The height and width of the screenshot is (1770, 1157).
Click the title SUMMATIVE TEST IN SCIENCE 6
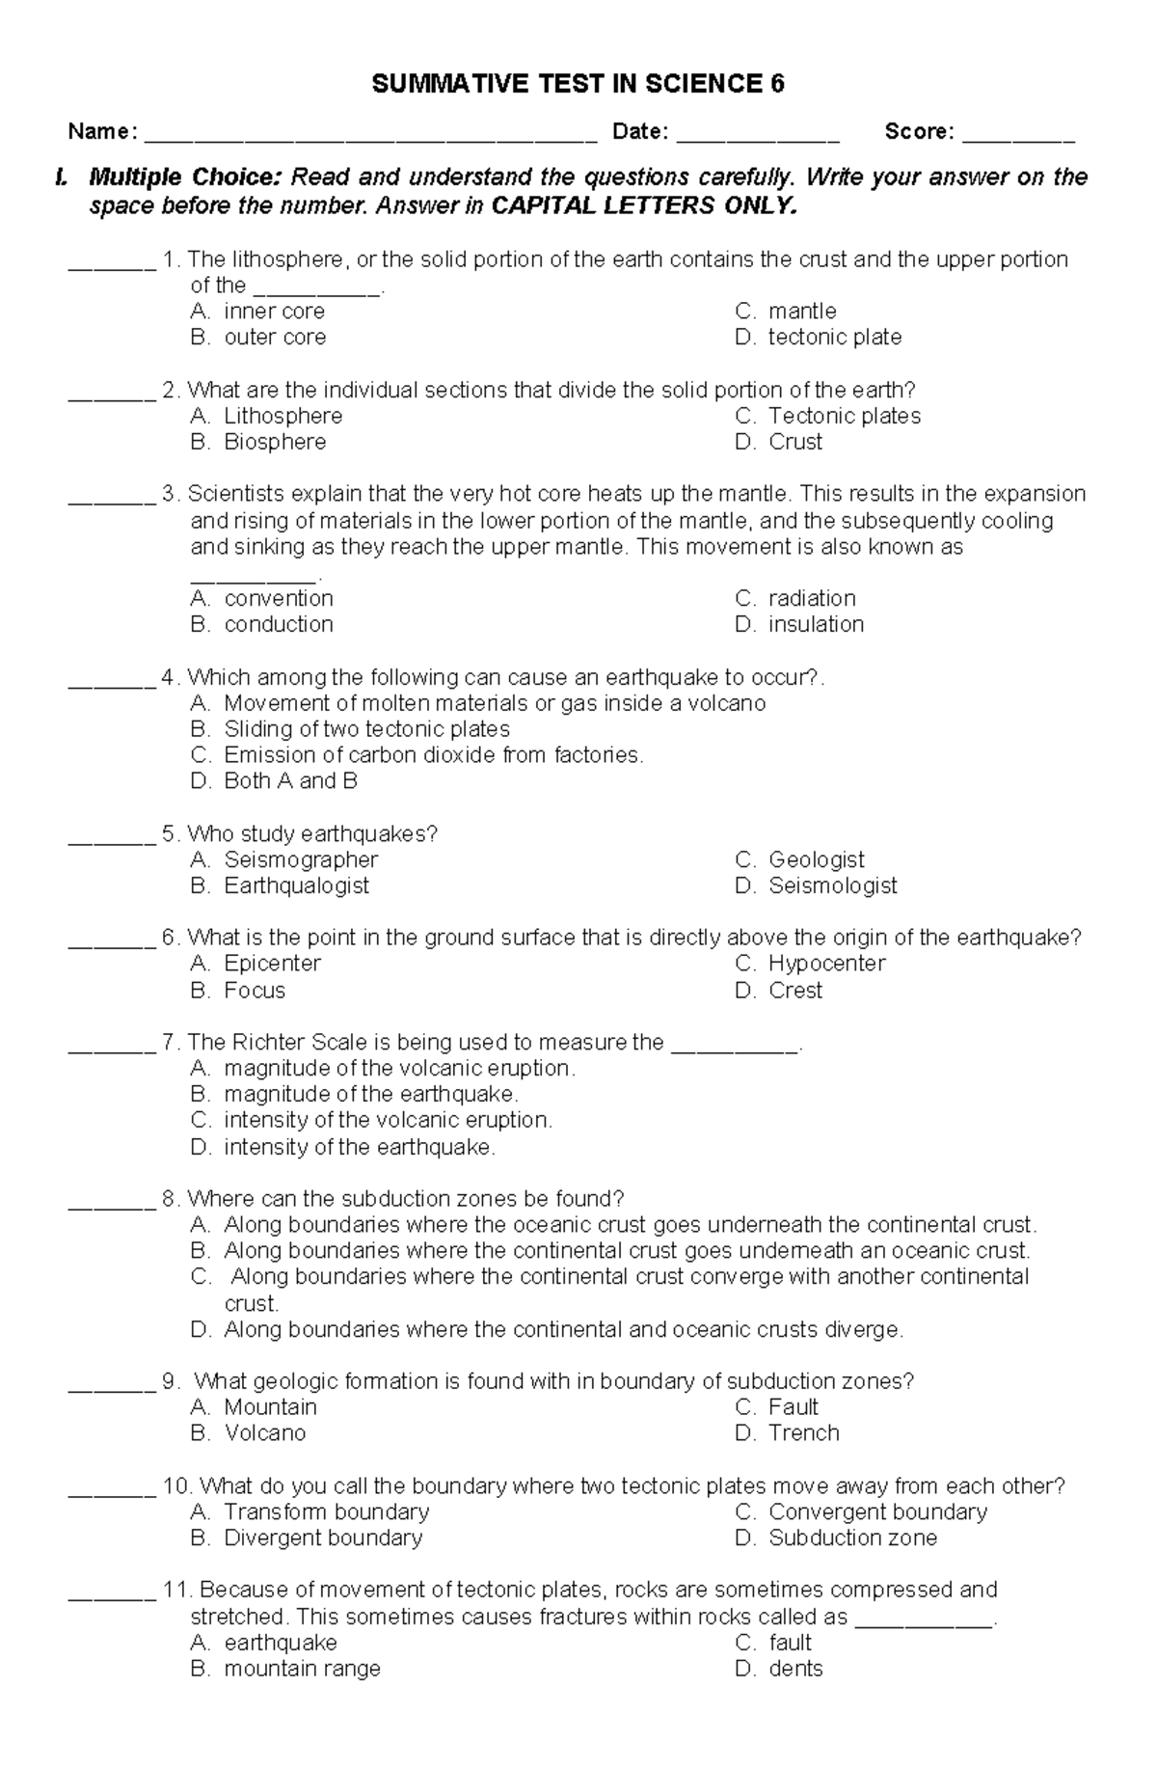point(578,85)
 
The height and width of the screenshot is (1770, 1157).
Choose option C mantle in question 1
point(801,312)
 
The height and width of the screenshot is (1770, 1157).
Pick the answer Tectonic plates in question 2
point(844,416)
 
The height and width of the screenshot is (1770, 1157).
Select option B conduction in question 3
point(278,624)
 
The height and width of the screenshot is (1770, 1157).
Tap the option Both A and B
point(290,780)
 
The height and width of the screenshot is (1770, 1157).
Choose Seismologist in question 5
point(832,885)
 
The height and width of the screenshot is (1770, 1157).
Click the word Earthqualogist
point(296,885)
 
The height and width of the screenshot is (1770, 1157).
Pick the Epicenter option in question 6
point(272,963)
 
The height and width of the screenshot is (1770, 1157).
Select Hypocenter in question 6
point(826,963)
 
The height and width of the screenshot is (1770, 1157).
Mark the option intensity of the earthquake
point(359,1147)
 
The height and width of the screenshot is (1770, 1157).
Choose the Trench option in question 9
point(803,1432)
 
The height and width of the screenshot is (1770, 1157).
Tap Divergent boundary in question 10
point(323,1538)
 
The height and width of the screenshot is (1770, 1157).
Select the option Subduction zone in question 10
point(852,1538)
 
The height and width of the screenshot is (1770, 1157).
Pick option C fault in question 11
point(790,1642)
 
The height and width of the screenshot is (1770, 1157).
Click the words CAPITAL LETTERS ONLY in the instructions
point(644,206)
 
